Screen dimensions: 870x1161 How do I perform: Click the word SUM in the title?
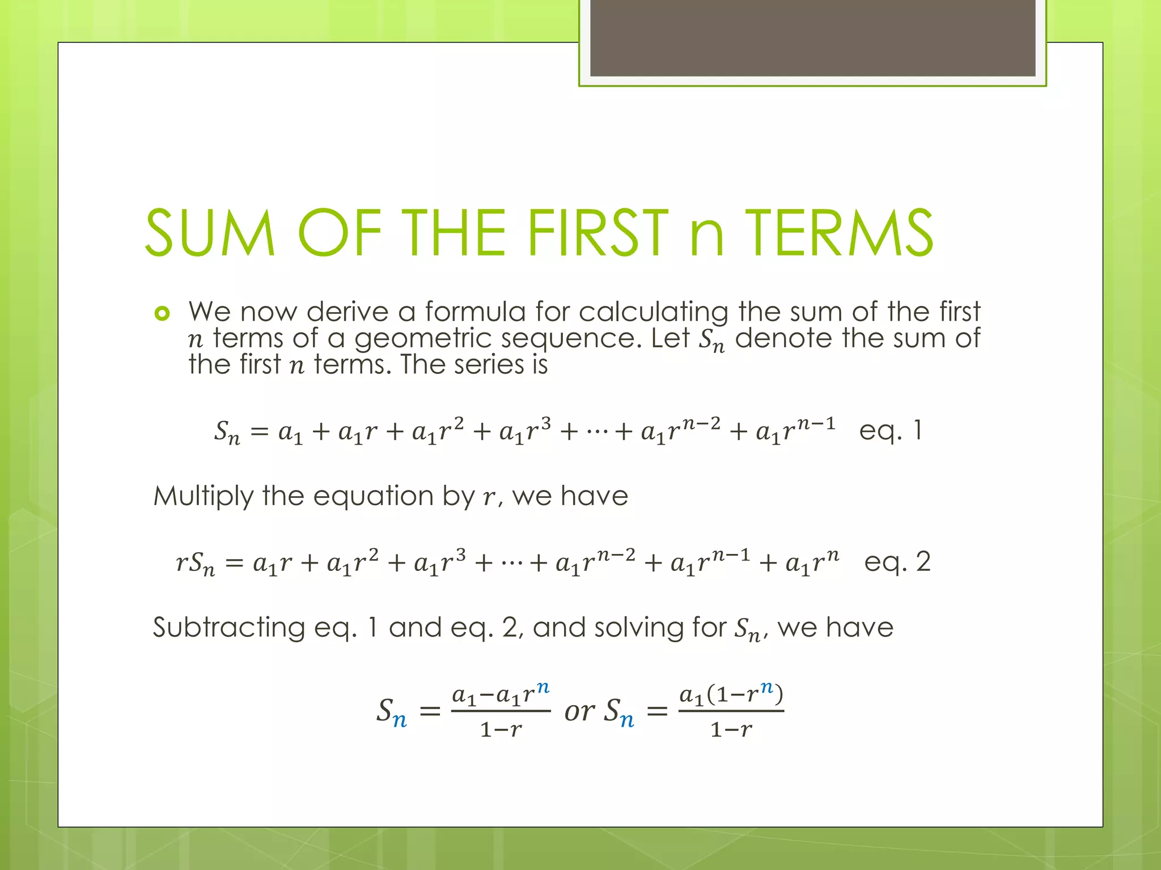(x=210, y=233)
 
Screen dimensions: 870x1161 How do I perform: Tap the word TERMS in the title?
(x=839, y=233)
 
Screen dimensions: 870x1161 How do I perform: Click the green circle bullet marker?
(x=162, y=313)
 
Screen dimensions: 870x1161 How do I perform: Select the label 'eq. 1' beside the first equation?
(x=891, y=430)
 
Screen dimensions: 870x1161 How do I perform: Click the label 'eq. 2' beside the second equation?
(x=897, y=562)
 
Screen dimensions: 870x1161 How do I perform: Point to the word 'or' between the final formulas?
(x=579, y=711)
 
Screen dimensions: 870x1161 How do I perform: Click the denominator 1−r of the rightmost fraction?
(x=731, y=730)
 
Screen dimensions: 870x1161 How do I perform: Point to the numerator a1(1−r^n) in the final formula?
(x=731, y=694)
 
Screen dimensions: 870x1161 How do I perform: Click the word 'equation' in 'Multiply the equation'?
(x=374, y=497)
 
